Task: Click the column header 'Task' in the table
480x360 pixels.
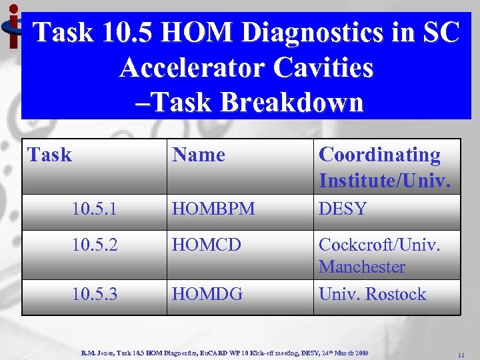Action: (x=49, y=155)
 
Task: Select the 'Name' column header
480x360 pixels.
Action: (x=199, y=155)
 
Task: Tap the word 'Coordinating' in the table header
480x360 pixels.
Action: (x=379, y=155)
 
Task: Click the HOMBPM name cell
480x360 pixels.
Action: (x=213, y=209)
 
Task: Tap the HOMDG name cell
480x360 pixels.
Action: (x=207, y=294)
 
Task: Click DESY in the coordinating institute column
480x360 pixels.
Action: (x=343, y=209)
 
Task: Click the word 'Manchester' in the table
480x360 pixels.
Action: (x=362, y=267)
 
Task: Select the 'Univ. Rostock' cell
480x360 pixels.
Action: (x=372, y=294)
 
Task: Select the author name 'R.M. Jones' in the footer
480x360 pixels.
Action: (x=97, y=351)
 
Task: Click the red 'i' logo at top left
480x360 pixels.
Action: (x=11, y=27)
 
